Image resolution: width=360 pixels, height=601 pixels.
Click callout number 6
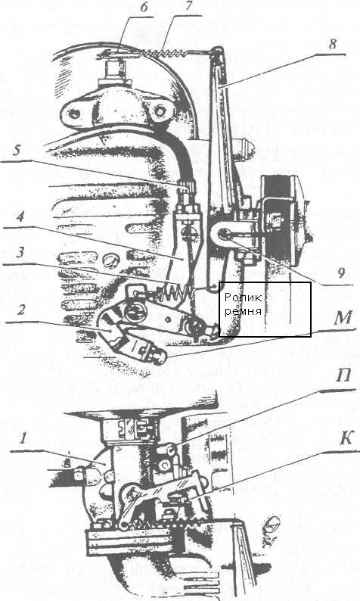click(x=144, y=8)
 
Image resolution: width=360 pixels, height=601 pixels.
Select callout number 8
click(x=333, y=45)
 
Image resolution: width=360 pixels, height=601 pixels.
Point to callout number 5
click(x=16, y=150)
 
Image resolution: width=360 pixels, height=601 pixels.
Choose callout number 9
click(x=341, y=274)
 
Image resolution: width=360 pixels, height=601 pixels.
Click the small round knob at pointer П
click(x=170, y=449)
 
